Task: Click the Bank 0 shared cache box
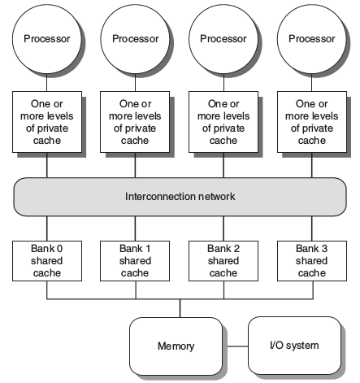click(47, 261)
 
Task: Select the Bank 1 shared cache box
click(135, 261)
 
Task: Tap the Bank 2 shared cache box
click(223, 261)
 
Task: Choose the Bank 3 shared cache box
click(312, 261)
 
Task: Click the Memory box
click(176, 346)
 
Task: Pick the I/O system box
click(294, 346)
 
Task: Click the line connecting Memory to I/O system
click(235, 346)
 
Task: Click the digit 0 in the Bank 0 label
click(59, 249)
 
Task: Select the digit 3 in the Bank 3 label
click(324, 249)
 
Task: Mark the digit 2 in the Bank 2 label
click(236, 249)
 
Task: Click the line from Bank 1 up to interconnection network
click(135, 228)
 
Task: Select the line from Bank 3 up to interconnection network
click(312, 228)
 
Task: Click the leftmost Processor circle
click(47, 39)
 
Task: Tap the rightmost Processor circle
click(312, 39)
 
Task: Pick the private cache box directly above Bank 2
click(223, 122)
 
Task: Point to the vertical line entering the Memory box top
click(180, 308)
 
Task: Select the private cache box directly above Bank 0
click(47, 122)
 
